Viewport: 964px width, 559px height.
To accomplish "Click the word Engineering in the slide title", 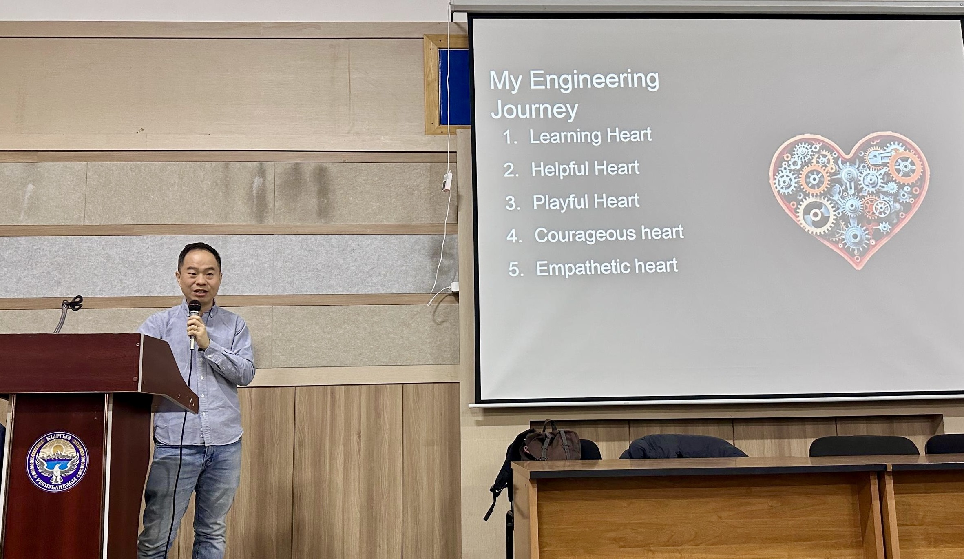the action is tap(594, 80).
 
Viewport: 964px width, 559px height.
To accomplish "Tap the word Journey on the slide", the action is tap(534, 110).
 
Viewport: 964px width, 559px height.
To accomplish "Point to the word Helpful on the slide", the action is tap(559, 169).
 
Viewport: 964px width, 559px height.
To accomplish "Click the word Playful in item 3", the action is tap(560, 202).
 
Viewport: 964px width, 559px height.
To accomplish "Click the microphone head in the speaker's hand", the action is tap(195, 307).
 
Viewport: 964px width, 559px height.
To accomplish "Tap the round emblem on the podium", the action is tap(57, 461).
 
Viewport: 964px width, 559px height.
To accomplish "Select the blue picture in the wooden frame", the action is tap(454, 87).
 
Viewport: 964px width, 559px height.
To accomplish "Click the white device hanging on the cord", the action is tap(447, 181).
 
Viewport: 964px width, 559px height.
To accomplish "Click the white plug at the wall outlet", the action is tap(454, 286).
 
